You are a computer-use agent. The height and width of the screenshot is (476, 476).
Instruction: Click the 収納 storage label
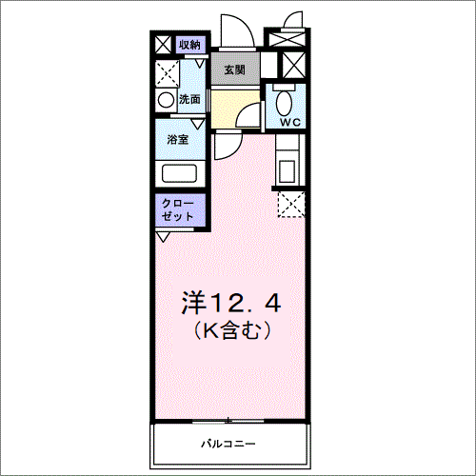[189, 45]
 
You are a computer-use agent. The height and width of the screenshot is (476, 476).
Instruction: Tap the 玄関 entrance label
[235, 69]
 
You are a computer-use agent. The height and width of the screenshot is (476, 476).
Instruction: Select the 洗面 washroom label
[189, 99]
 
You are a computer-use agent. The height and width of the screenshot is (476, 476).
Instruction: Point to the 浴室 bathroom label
[178, 139]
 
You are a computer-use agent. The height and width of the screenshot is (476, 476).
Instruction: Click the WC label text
[290, 122]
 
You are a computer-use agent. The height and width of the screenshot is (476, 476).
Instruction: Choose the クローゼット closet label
[178, 209]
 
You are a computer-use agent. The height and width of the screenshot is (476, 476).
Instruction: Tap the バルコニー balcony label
[228, 444]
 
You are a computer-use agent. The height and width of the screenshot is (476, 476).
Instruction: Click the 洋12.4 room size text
[231, 303]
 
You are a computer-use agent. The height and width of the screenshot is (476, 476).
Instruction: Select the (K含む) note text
[232, 330]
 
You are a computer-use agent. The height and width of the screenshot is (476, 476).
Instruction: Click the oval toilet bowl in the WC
[284, 103]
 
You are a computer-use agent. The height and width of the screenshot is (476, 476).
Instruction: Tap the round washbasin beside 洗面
[166, 100]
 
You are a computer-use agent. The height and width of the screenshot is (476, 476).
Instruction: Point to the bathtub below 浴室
[179, 173]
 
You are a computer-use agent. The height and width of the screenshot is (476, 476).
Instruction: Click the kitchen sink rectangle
[288, 171]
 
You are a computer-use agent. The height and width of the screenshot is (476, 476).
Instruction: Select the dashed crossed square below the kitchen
[291, 204]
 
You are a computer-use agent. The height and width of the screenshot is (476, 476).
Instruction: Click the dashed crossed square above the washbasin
[168, 73]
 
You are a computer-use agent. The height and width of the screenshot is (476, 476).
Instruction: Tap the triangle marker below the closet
[163, 236]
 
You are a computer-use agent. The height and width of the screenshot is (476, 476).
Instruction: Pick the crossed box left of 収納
[164, 45]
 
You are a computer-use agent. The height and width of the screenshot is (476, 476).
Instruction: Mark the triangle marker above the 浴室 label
[198, 124]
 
